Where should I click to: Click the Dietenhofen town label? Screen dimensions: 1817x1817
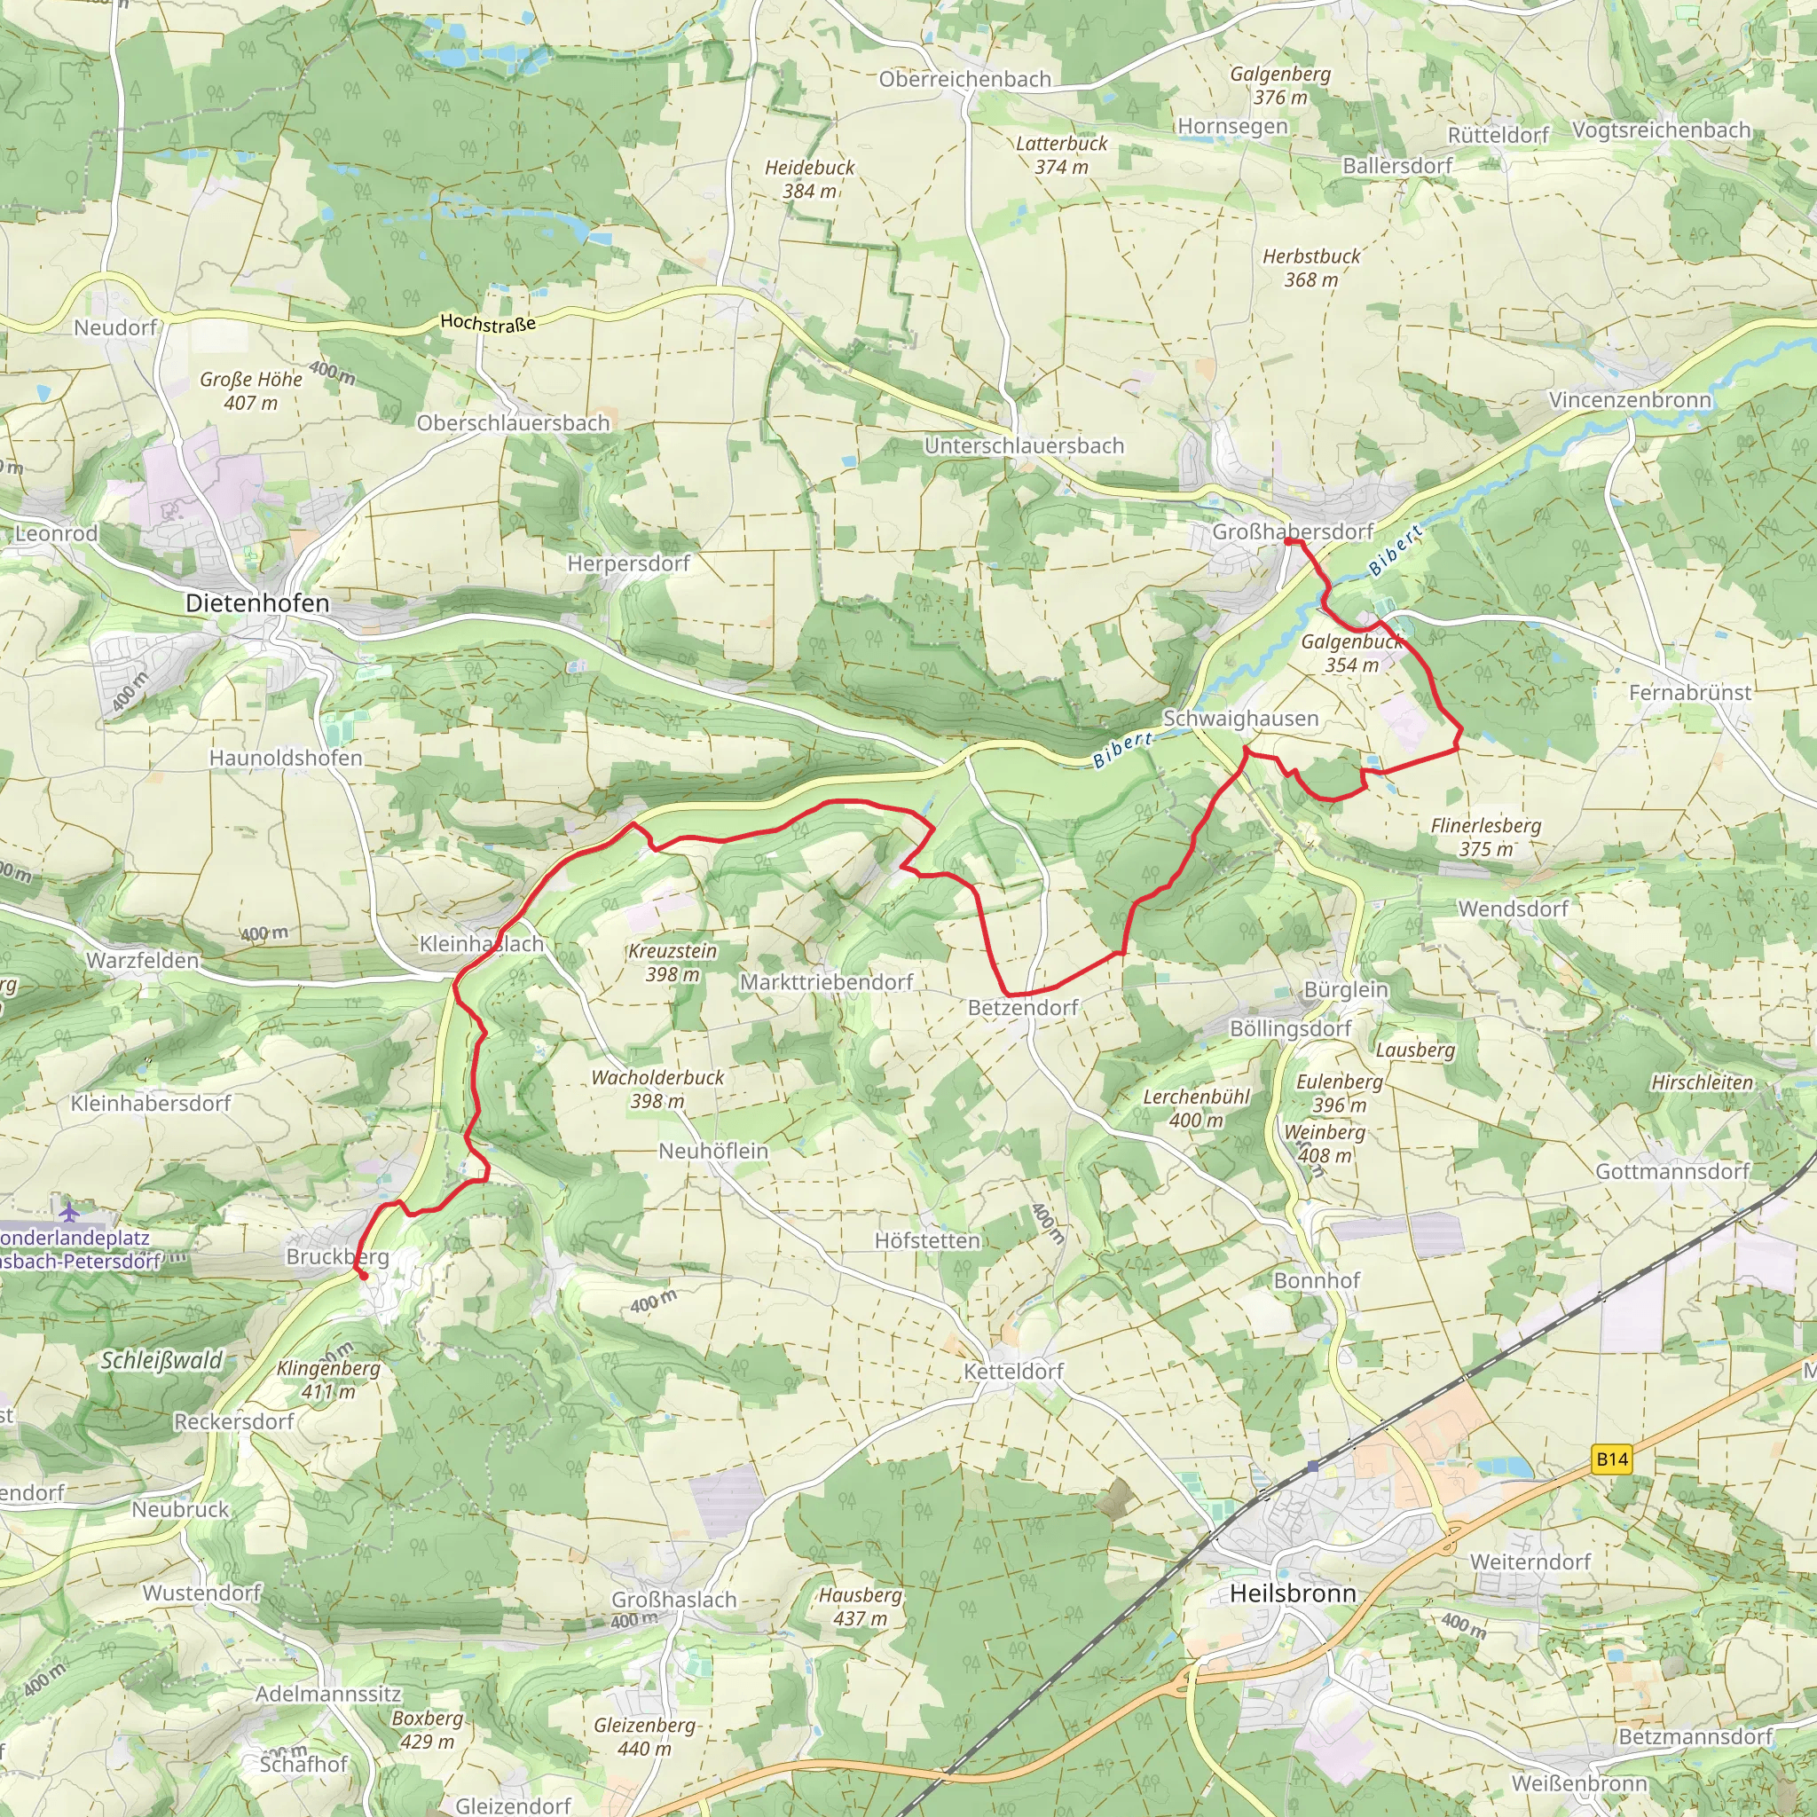[256, 604]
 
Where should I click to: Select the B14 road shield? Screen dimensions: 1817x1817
[1611, 1459]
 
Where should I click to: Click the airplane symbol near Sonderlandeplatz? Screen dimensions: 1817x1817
[68, 1210]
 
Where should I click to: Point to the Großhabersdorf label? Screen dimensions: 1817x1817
[1292, 531]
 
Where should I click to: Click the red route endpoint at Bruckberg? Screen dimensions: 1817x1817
[363, 1276]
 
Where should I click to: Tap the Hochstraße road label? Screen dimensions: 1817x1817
[487, 323]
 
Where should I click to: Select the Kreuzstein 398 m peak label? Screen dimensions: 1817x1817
[672, 962]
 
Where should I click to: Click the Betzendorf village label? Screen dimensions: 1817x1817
[1023, 1007]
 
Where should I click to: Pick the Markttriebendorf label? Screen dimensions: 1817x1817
[826, 982]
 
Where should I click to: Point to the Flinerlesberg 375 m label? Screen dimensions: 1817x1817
[1486, 837]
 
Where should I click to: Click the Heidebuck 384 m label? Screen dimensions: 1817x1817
[809, 178]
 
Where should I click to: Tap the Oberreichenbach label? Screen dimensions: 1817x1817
[964, 79]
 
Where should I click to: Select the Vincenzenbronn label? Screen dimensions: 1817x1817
[1629, 400]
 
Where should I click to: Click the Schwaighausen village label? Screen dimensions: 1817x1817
[1239, 719]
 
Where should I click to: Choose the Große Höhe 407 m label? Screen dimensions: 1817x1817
[250, 390]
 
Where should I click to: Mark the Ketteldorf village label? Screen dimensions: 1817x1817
[1013, 1372]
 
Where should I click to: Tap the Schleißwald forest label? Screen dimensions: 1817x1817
[161, 1360]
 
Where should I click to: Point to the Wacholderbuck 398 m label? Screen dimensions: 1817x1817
[657, 1089]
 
